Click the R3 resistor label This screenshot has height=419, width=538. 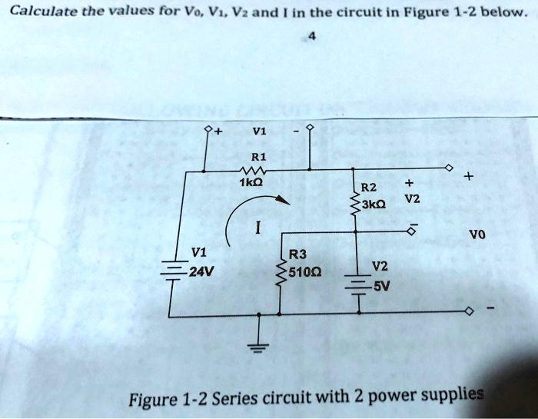298,254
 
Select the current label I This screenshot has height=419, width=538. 259,228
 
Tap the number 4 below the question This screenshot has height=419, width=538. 312,37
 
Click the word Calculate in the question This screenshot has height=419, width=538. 35,12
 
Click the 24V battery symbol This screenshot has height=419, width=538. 169,278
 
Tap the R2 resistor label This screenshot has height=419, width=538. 370,186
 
